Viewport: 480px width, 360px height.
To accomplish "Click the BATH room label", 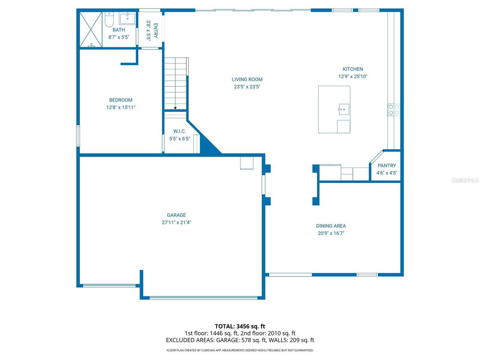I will click(118, 30).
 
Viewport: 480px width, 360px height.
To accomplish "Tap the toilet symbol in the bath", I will click(109, 20).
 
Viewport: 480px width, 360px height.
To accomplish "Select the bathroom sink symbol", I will click(127, 18).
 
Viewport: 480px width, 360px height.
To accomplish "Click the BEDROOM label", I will click(121, 100).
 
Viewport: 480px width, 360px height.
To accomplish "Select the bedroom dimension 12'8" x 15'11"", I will click(121, 107).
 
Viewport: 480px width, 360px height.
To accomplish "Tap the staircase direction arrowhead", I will click(175, 108).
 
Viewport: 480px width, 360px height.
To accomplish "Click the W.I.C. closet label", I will click(180, 131).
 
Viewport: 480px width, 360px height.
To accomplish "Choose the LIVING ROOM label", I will click(247, 79).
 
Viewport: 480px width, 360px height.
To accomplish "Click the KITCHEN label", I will click(353, 69).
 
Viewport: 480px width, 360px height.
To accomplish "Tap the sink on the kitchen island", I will click(343, 109).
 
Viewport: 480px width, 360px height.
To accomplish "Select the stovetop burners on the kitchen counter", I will click(394, 109).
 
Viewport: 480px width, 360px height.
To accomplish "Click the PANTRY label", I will click(387, 165).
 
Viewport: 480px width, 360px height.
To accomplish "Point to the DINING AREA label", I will click(331, 226).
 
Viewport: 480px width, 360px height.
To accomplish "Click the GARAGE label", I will click(176, 215).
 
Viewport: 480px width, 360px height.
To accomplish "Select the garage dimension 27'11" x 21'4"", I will click(176, 222).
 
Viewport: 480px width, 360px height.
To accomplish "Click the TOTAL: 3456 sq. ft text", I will click(240, 326).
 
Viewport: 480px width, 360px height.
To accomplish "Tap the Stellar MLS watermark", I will click(465, 180).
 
